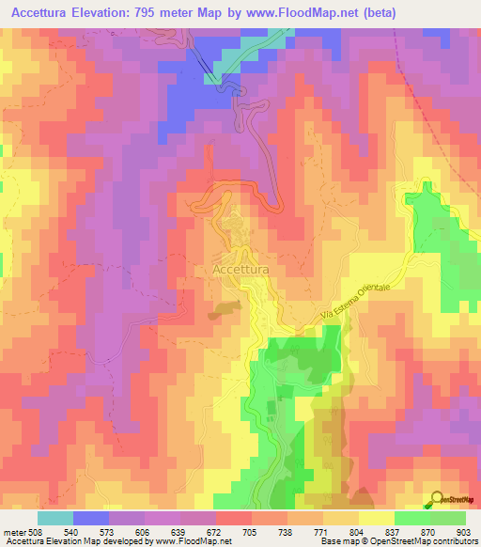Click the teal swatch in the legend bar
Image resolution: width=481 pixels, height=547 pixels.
point(54,518)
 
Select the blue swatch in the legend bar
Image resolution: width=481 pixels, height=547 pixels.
point(90,518)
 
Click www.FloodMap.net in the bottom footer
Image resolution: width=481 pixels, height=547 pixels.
point(185,540)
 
